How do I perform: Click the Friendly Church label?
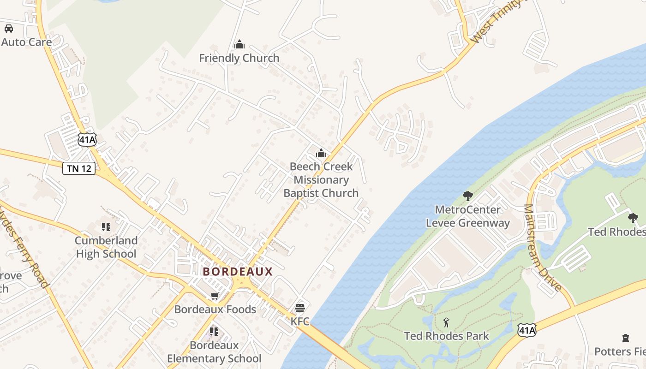(239, 58)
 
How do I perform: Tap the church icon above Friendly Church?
(239, 45)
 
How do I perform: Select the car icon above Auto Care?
(9, 29)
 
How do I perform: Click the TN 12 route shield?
(79, 168)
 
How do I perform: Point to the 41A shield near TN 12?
(87, 139)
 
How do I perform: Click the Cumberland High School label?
(106, 247)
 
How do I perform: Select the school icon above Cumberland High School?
(106, 227)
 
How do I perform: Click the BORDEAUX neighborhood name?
(238, 272)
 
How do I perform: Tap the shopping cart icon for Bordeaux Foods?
(215, 296)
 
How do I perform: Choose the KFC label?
(300, 321)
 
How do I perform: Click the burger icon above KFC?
(300, 308)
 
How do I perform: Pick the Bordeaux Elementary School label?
(214, 352)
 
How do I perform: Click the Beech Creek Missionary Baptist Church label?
(321, 180)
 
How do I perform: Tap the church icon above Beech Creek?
(321, 154)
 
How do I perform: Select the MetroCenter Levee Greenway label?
(468, 216)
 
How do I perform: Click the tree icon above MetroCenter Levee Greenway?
(468, 196)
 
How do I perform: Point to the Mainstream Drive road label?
(543, 248)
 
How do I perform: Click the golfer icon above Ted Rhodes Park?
(446, 322)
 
